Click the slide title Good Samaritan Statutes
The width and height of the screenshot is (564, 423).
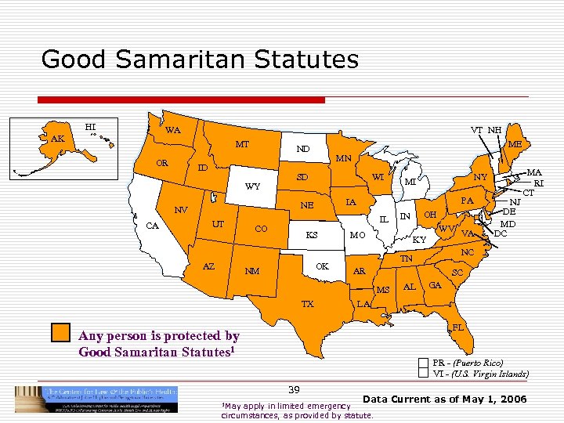[200, 59]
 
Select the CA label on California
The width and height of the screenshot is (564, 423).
[153, 226]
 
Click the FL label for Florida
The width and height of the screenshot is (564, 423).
[459, 324]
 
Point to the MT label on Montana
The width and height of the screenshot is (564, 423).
[242, 145]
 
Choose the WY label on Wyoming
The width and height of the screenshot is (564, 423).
[253, 187]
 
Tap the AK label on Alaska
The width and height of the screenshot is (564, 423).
[57, 139]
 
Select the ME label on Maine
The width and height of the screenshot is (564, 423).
[515, 144]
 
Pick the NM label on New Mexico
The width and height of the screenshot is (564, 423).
[252, 272]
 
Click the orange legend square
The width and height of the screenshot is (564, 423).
[60, 333]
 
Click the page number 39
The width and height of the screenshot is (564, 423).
[294, 389]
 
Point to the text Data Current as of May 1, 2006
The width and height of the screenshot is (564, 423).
[445, 400]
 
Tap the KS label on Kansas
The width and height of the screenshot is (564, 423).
[311, 235]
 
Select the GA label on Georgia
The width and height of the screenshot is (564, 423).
[436, 285]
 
